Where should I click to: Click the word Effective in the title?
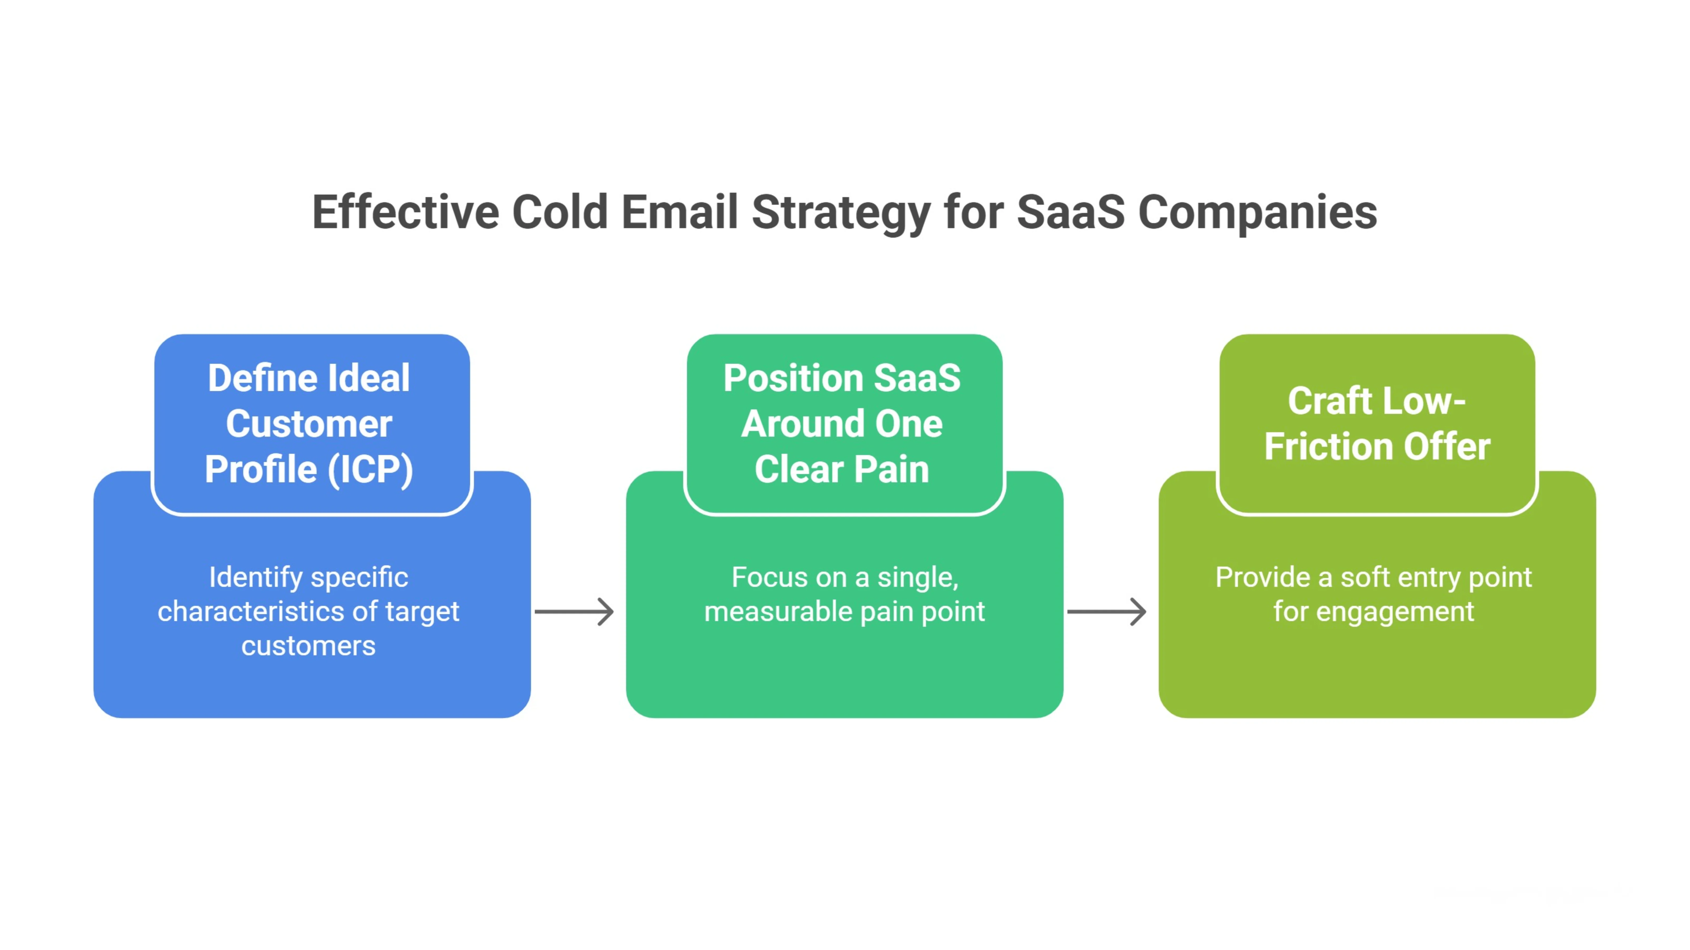point(405,212)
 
